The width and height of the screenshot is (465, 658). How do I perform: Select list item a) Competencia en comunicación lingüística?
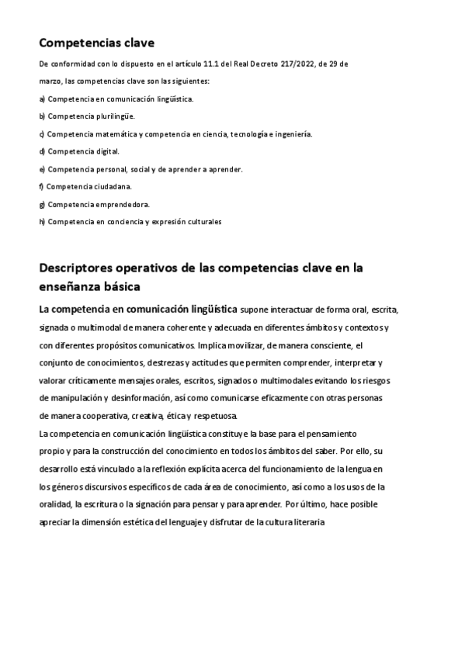pyautogui.click(x=116, y=99)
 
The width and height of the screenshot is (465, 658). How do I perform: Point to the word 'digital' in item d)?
pyautogui.click(x=107, y=151)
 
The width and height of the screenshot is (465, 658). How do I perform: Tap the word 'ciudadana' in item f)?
pyautogui.click(x=113, y=186)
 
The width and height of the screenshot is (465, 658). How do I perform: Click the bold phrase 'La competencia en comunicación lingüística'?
pyautogui.click(x=137, y=309)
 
